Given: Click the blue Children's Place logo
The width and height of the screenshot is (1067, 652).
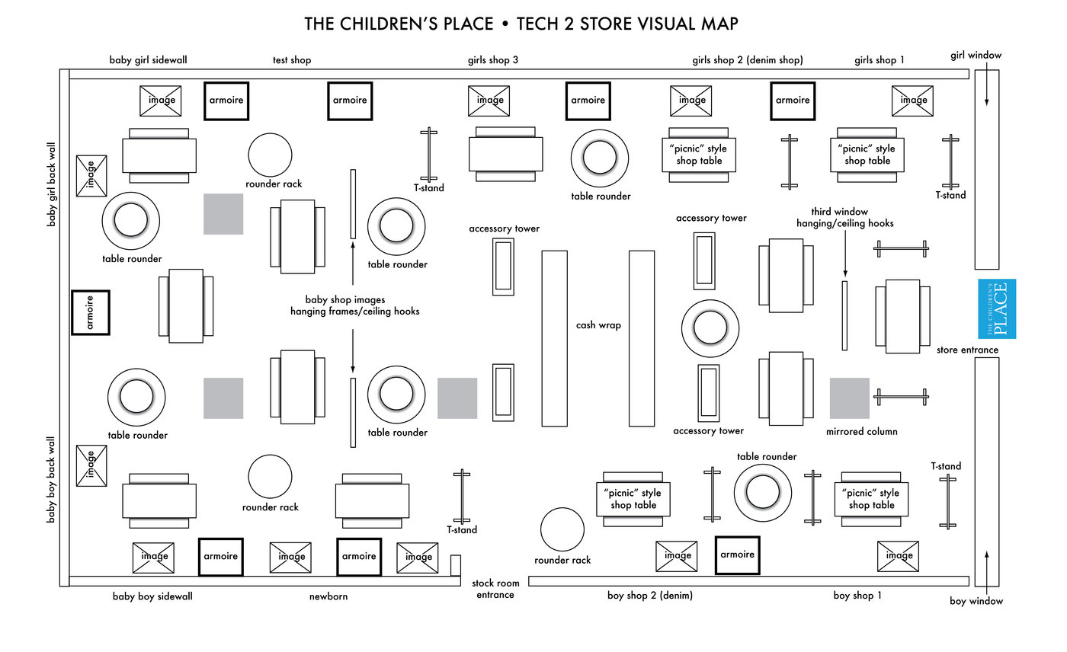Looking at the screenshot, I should click(996, 308).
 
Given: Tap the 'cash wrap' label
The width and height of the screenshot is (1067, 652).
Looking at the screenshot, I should click(598, 325).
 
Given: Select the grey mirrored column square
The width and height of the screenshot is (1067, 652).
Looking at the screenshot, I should click(849, 398).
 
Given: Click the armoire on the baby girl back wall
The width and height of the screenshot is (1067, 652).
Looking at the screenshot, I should click(91, 312).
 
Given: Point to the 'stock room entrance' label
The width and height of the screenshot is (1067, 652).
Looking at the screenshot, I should click(495, 589).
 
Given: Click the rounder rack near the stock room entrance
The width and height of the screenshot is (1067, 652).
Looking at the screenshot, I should click(562, 529).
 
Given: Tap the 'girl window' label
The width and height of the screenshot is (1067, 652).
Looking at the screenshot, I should click(976, 55).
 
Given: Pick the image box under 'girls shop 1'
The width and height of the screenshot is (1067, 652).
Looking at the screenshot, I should click(914, 101).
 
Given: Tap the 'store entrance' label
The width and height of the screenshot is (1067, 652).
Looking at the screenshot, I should click(968, 350).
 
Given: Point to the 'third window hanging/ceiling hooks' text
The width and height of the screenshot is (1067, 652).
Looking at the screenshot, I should click(844, 217).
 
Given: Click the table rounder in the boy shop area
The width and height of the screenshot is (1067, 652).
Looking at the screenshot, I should click(763, 491).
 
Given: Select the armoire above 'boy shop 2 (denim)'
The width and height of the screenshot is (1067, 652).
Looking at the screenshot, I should click(737, 555).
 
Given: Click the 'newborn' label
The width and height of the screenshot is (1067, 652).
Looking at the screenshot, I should click(328, 596).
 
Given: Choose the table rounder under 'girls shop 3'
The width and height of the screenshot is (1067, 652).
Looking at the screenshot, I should click(599, 158).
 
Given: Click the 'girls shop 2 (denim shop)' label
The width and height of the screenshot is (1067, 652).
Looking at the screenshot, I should click(747, 59).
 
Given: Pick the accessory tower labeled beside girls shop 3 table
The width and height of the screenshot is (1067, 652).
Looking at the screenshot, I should click(503, 266).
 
